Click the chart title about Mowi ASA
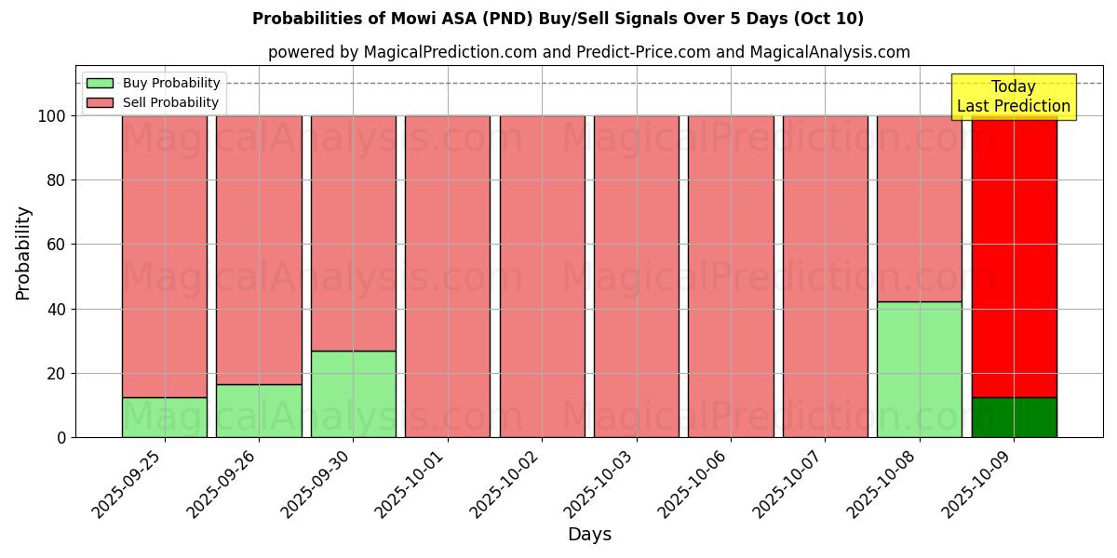point(558,19)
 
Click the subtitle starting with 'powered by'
point(588,52)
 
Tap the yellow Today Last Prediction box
point(1013,97)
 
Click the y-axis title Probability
point(23,253)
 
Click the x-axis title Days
point(589,535)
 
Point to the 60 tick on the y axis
point(57,245)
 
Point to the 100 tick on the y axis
point(52,116)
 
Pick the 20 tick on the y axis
point(57,374)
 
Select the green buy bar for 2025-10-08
point(919,369)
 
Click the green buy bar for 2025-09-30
point(353,394)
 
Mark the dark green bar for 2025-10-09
point(1014,418)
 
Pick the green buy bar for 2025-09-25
point(164,418)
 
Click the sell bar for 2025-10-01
point(448,276)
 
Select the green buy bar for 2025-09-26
point(259,411)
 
